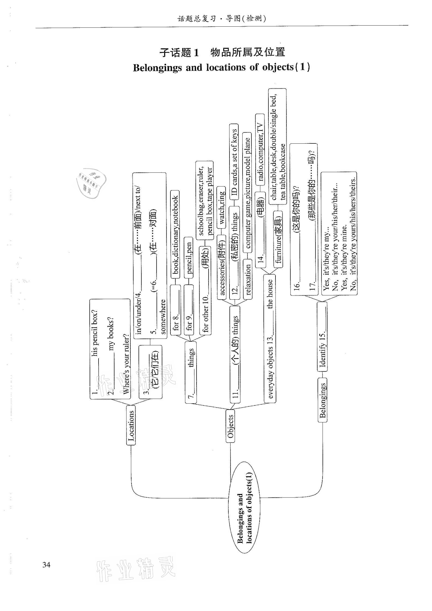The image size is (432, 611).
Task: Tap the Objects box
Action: point(230,426)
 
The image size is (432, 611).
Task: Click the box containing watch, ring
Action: point(221,208)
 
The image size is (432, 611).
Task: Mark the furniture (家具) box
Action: point(278,240)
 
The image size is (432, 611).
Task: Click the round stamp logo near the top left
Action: point(91,182)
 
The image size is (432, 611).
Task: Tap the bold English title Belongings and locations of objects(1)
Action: point(222,67)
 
